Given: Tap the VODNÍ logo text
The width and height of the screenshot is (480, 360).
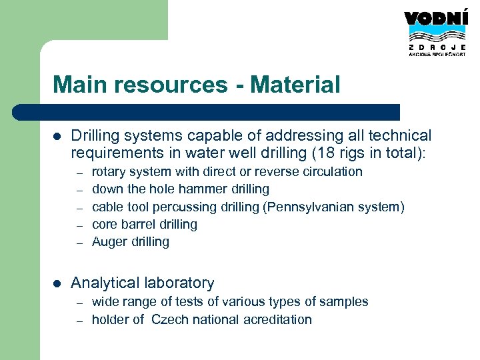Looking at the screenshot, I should click(436, 19).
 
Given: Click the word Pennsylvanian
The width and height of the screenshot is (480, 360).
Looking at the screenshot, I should click(310, 207).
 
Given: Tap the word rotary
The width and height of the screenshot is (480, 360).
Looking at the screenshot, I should click(109, 171).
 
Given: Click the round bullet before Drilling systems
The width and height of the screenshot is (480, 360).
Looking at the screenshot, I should click(57, 136).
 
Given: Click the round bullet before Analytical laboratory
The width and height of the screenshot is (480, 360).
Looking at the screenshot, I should click(57, 283).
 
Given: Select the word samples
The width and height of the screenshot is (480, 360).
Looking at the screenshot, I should click(343, 301).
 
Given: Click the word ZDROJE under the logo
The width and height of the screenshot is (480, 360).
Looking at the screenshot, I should click(436, 48).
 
